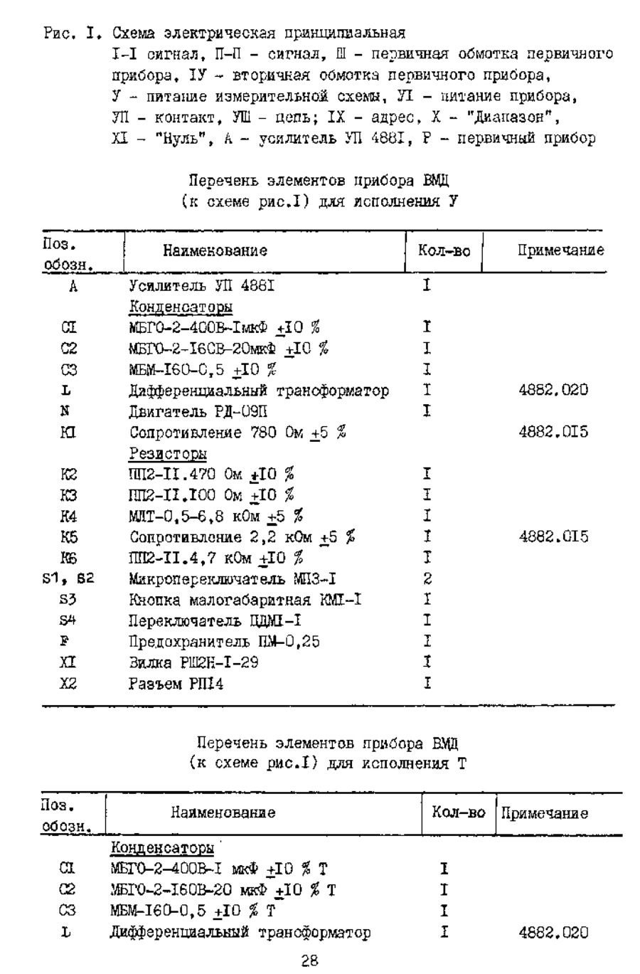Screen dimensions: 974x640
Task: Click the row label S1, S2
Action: point(68,579)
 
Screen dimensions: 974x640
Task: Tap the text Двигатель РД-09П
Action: point(198,411)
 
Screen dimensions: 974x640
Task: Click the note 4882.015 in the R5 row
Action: point(553,536)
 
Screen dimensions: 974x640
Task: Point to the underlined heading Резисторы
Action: point(168,453)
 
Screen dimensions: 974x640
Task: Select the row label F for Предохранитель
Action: point(64,642)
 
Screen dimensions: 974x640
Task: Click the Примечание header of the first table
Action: point(560,250)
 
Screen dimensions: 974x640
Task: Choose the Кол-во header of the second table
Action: point(459,812)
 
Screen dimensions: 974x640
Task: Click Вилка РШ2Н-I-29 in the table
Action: point(193,663)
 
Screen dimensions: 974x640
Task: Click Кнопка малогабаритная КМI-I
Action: point(245,600)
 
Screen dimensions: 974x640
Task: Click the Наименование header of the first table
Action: point(215,250)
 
